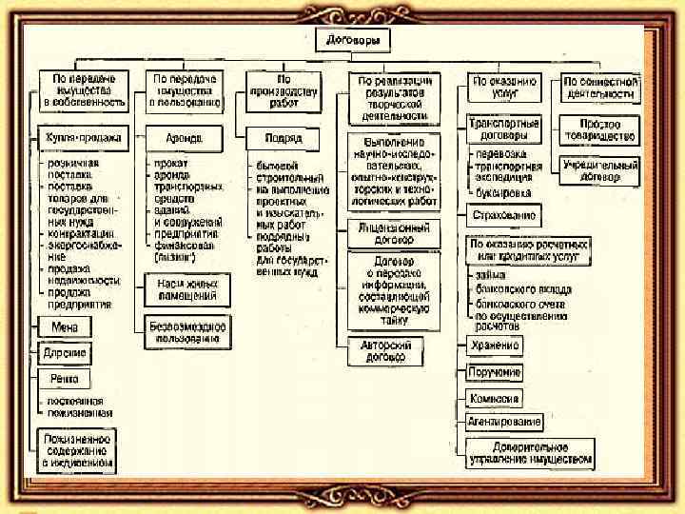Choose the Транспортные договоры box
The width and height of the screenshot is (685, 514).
(x=503, y=129)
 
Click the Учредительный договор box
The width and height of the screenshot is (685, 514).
(x=599, y=170)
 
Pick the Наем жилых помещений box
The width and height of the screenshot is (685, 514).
(x=187, y=290)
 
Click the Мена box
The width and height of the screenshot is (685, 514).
(x=65, y=326)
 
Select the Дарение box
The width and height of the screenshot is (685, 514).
(x=65, y=353)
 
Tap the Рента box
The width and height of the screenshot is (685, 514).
(x=65, y=379)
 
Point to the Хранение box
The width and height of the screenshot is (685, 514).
(x=495, y=345)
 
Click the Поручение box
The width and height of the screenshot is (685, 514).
(x=495, y=371)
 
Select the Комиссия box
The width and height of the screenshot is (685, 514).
(x=495, y=398)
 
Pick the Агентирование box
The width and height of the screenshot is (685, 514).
(x=504, y=421)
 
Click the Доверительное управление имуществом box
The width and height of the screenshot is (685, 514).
(x=530, y=453)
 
